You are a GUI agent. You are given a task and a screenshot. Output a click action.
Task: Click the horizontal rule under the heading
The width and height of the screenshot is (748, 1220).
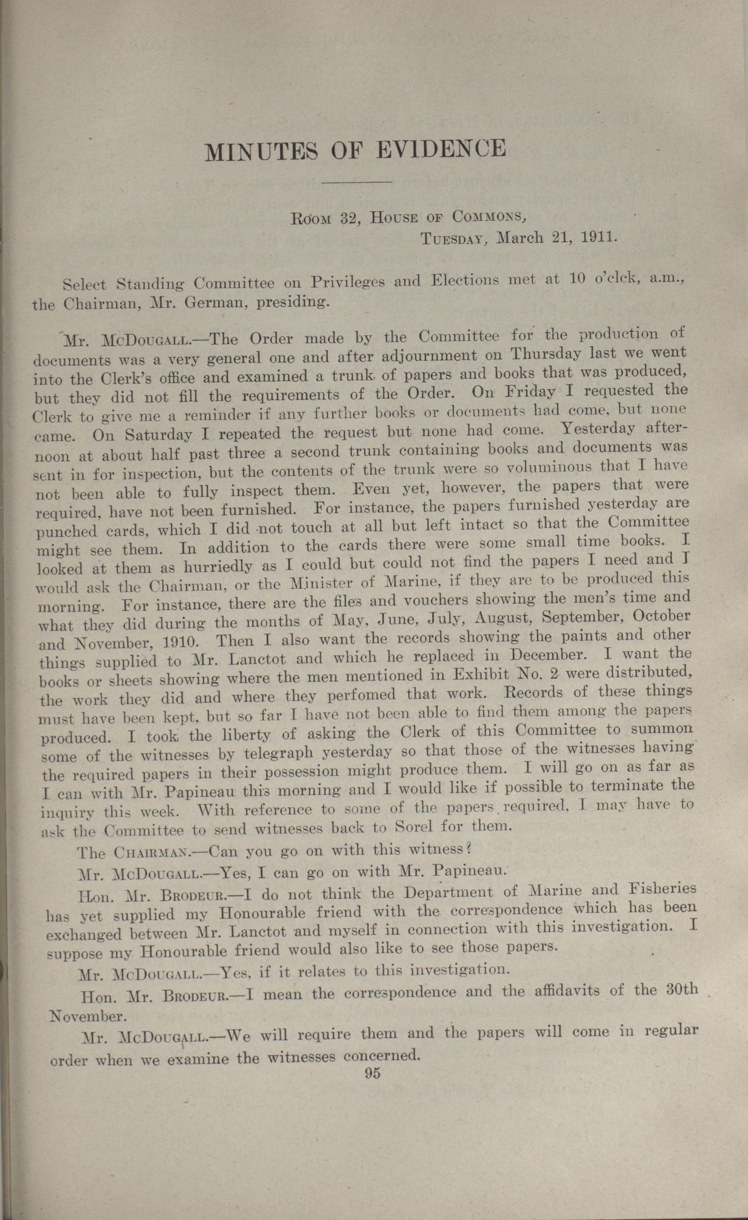pos(357,183)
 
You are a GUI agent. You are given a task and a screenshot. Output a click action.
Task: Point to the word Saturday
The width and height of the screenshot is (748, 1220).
pos(158,435)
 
